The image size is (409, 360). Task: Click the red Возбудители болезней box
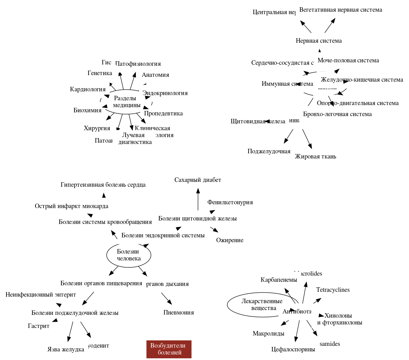[169, 349]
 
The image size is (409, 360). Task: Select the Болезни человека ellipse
[129, 255]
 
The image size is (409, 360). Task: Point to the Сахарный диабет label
[198, 180]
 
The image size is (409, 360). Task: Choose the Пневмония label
[179, 312]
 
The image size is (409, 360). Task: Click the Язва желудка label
[66, 349]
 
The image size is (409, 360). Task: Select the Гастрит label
[39, 326]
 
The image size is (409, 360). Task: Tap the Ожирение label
[230, 240]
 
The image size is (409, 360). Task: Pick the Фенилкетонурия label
[230, 202]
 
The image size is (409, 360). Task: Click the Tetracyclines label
[333, 290]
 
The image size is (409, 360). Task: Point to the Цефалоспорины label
[293, 349]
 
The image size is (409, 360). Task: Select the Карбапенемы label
[279, 280]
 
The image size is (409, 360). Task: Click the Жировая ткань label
[316, 156]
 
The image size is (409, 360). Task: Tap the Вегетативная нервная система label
[341, 10]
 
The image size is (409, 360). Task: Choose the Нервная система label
[319, 41]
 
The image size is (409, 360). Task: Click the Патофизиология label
[138, 64]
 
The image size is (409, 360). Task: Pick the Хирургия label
[97, 128]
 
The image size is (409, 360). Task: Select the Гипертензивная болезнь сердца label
[103, 185]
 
